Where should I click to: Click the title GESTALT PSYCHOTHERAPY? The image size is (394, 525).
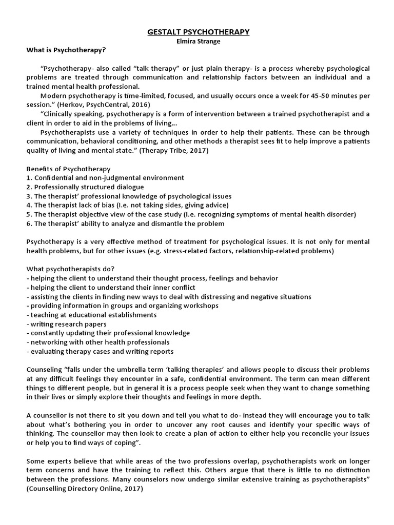tap(199, 32)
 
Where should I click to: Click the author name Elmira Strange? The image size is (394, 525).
tap(199, 41)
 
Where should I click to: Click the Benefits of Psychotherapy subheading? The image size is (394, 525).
tap(68, 169)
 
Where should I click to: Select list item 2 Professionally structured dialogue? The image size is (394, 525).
tap(85, 187)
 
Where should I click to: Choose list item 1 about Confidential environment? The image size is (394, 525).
tap(105, 178)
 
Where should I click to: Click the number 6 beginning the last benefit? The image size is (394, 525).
tap(28, 224)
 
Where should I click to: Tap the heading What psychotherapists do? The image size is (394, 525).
tap(70, 269)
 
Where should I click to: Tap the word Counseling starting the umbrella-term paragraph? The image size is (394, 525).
tap(44, 370)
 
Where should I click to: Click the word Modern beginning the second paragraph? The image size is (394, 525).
tap(53, 96)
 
